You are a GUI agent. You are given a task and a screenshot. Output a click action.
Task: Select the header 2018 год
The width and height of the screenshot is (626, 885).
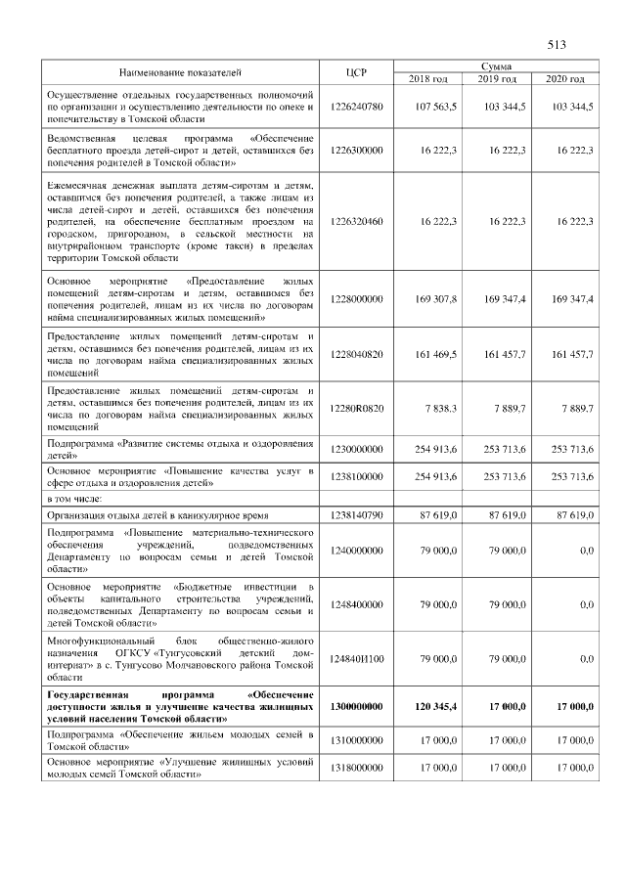[x=427, y=78]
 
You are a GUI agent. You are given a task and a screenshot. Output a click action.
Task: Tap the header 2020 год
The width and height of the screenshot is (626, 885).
[x=564, y=78]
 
